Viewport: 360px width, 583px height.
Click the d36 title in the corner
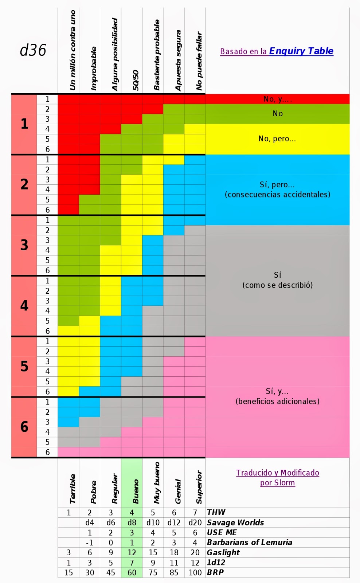coord(33,50)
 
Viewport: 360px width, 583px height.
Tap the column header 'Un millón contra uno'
coord(73,50)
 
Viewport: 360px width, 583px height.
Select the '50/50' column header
coord(136,80)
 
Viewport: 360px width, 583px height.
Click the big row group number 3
coord(24,245)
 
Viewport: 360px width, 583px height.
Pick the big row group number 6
coord(24,427)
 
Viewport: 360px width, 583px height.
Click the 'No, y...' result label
coord(277,99)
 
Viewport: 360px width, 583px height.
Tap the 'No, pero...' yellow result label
coord(277,139)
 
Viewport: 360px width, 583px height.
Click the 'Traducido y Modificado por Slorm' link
coord(277,478)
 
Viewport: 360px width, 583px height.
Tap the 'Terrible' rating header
coord(73,489)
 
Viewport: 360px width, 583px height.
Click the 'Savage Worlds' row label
coord(235,523)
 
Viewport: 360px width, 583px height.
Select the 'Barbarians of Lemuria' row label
coord(249,543)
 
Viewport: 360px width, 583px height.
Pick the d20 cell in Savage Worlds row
coord(195,523)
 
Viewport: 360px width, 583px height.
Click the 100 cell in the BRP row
coord(195,572)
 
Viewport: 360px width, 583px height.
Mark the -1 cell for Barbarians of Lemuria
coord(90,543)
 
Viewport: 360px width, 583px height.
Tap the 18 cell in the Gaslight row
coord(174,553)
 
